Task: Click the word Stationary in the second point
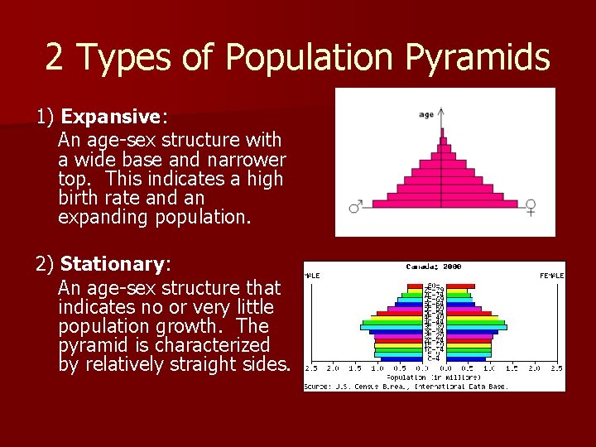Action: coord(113,264)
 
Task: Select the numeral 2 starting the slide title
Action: coord(55,57)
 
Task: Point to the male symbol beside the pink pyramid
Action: coord(356,205)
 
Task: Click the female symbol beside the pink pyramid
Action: coord(531,207)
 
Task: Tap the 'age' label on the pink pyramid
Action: coord(426,114)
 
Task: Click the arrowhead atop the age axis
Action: coord(441,111)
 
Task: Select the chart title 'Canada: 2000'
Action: coord(434,267)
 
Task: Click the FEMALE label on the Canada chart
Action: coord(551,275)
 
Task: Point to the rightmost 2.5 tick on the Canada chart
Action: coord(558,368)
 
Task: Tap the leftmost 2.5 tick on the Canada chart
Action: coord(312,368)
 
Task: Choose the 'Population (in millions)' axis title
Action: coord(435,377)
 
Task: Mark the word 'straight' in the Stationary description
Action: coord(222,364)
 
